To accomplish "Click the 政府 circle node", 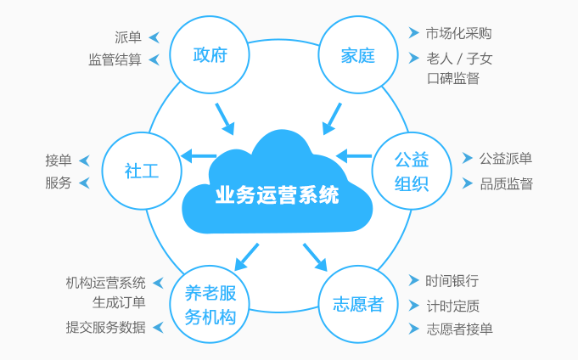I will pyautogui.click(x=210, y=56).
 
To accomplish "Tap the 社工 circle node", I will pyautogui.click(x=142, y=170).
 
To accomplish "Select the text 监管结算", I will pyautogui.click(x=115, y=60).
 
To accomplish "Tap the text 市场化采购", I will pyautogui.click(x=458, y=34).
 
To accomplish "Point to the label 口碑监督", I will pyautogui.click(x=453, y=79).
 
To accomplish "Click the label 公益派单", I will pyautogui.click(x=505, y=159).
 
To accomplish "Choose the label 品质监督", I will pyautogui.click(x=506, y=183).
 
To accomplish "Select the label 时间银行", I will pyautogui.click(x=452, y=281).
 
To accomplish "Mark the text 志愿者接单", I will pyautogui.click(x=460, y=329).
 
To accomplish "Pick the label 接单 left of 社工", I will pyautogui.click(x=59, y=160).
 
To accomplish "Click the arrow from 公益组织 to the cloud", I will pyautogui.click(x=354, y=156).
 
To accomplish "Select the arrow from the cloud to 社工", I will pyautogui.click(x=199, y=156).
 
